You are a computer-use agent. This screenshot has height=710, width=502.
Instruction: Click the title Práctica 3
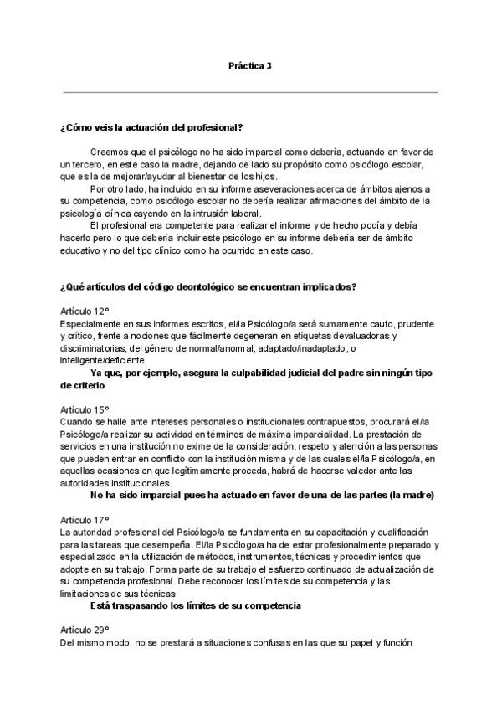click(250, 65)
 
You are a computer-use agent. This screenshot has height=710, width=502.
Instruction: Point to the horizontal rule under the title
click(250, 91)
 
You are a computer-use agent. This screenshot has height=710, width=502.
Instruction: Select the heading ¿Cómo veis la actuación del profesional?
click(151, 127)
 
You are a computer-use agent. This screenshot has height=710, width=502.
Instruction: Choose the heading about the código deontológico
click(209, 287)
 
